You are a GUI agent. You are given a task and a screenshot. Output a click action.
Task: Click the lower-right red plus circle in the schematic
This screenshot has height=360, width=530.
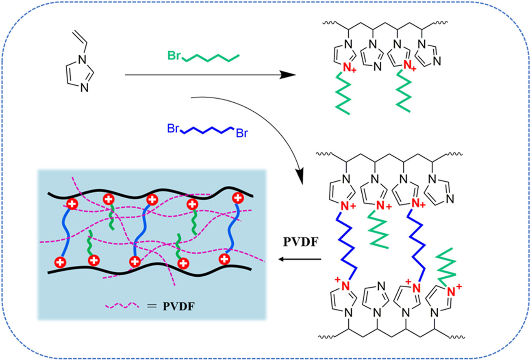(224, 258)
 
